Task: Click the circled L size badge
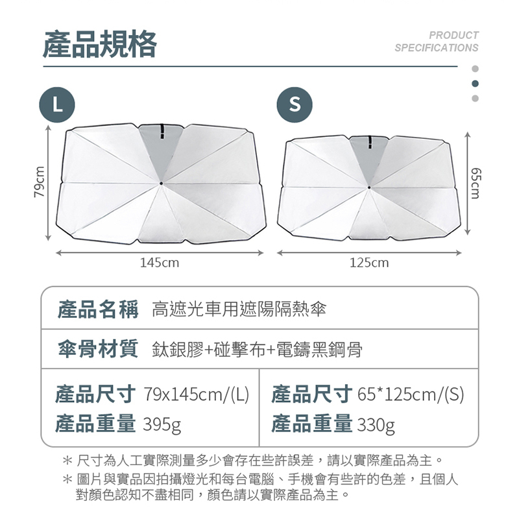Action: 57,105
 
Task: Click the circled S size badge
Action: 295,105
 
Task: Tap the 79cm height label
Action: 39,182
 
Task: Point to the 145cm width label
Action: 160,263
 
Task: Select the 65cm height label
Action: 475,183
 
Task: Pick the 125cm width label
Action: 369,263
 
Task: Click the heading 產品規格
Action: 100,43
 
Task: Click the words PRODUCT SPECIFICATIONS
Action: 437,42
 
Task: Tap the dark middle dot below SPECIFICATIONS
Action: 475,84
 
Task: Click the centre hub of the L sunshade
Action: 161,183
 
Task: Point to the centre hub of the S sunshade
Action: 369,187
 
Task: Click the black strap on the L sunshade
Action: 162,132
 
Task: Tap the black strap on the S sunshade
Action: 370,142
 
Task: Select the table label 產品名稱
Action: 98,309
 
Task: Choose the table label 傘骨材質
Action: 98,348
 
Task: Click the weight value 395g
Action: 162,424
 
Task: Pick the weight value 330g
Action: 376,425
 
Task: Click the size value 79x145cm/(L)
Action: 196,394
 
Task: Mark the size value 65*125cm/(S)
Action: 411,394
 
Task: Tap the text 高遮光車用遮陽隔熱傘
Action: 239,309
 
